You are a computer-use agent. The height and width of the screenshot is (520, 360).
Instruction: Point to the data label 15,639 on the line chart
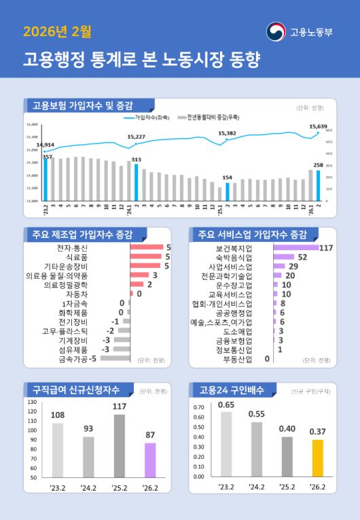coord(318,126)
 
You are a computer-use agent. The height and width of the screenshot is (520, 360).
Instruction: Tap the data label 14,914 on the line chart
coord(46,145)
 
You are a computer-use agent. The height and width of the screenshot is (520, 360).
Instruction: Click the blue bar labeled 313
coord(137,182)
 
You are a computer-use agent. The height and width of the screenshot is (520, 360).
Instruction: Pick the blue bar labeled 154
coord(228,192)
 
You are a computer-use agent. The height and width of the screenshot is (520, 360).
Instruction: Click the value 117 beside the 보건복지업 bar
coord(325,248)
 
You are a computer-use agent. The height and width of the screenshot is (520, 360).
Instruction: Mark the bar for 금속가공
coord(115,358)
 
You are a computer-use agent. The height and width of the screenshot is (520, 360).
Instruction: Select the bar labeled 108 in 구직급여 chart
coord(58,449)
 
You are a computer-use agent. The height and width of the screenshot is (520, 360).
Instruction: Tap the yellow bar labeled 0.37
coord(317,457)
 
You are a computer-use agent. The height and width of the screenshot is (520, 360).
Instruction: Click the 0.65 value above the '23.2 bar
coord(226,404)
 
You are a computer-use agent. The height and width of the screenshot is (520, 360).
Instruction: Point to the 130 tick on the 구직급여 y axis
coord(32,401)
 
